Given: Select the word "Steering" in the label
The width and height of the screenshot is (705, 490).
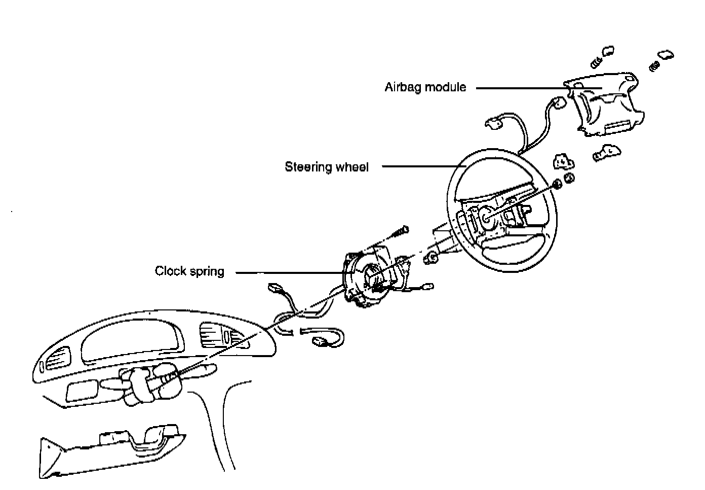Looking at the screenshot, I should (x=306, y=167).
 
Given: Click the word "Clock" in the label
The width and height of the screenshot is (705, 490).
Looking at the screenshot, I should (x=171, y=271).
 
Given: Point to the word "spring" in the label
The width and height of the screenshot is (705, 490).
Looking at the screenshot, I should (x=207, y=272).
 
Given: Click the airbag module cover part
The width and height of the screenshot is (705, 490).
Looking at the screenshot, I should (x=606, y=106).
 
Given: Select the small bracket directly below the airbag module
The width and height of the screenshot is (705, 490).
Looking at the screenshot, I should (x=607, y=153).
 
